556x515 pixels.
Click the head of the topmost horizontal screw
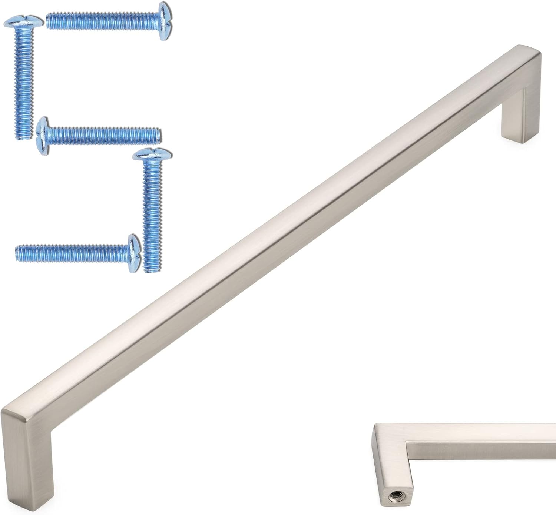point(163,21)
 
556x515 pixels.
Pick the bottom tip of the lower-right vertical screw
point(151,270)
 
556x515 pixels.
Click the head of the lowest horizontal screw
point(133,253)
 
